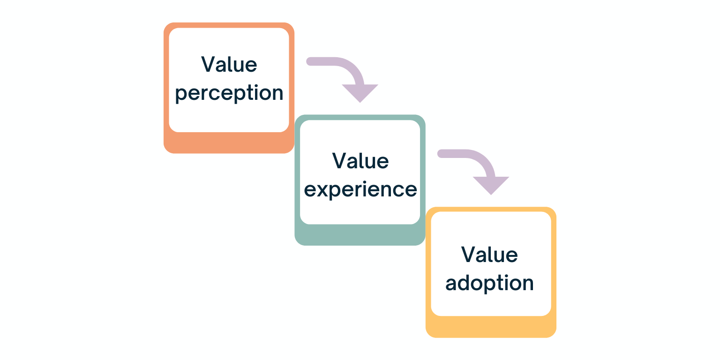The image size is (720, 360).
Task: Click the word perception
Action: click(229, 94)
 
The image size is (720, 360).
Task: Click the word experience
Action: click(360, 189)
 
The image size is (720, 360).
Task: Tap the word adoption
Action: click(489, 284)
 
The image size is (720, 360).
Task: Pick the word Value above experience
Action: click(360, 161)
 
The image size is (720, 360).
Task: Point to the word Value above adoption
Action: click(489, 255)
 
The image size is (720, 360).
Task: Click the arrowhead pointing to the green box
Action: click(360, 93)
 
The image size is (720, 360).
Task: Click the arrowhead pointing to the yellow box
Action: click(491, 185)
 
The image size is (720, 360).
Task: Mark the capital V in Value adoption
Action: click(468, 255)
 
